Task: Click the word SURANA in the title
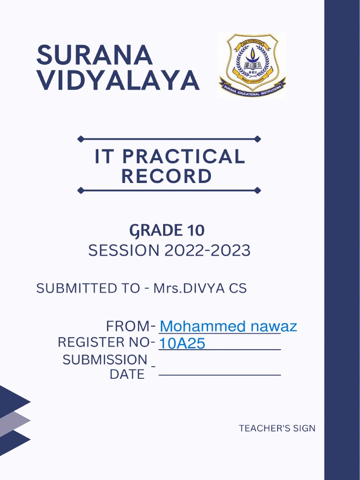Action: tap(95, 56)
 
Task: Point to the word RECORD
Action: tap(166, 176)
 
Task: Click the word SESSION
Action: tap(124, 251)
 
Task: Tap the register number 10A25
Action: tap(182, 344)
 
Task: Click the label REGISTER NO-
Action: tap(106, 342)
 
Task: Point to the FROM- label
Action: tap(130, 326)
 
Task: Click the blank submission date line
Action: tap(219, 375)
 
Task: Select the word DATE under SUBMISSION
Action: tap(127, 375)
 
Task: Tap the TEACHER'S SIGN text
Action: tap(277, 428)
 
